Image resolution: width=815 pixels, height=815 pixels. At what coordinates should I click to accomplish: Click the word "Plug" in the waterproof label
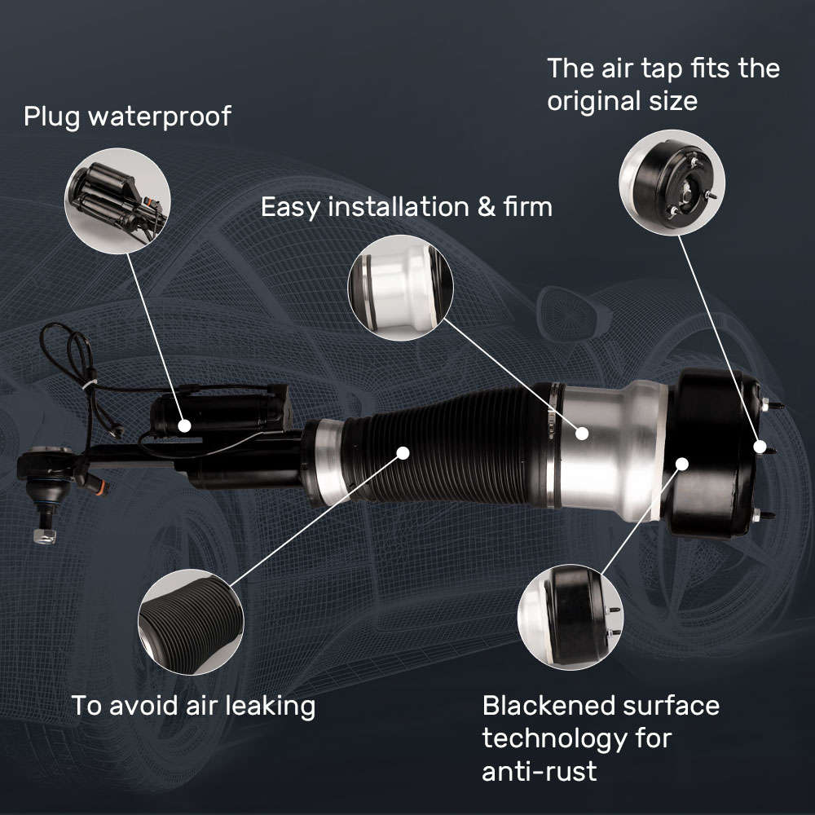(x=51, y=117)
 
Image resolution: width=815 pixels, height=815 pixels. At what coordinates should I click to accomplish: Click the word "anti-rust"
(x=540, y=770)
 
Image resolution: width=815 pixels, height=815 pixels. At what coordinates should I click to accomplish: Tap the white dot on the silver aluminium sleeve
(x=582, y=432)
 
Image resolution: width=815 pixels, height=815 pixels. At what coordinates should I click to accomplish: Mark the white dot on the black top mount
(x=682, y=464)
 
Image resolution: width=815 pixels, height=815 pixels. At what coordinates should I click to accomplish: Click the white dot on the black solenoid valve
(x=186, y=425)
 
